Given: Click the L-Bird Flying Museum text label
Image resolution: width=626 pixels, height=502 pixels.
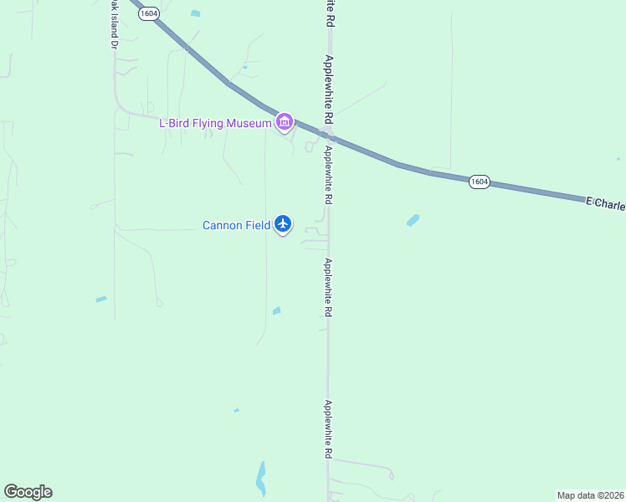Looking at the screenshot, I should point(215,124).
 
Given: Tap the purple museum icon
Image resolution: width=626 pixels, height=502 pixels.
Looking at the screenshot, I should point(285,123).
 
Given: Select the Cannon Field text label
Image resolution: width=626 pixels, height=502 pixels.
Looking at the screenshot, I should point(236,225).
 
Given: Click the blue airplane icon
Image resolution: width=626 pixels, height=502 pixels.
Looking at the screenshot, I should point(283,224).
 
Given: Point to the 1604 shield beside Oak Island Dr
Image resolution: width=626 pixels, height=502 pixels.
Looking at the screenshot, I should point(148,14).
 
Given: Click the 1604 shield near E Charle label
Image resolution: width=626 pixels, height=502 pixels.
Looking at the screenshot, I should point(479,182).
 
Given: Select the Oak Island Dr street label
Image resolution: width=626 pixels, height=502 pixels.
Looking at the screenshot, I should point(113,25).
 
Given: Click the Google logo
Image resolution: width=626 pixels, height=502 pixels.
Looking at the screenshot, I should point(28,492).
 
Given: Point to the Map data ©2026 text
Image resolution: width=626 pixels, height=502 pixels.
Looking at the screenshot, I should point(591,494).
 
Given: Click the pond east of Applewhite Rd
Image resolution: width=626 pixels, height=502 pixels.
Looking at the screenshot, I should point(413,220).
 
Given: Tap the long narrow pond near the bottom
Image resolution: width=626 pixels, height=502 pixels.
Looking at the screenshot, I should point(261,478).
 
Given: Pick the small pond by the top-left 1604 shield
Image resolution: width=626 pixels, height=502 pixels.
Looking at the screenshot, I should point(196,13).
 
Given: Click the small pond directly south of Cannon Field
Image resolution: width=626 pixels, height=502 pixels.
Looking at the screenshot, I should point(276,311).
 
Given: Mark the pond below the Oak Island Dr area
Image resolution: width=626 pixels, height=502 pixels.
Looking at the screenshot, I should point(101,299).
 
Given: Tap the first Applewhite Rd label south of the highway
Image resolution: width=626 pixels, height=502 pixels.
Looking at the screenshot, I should point(329,176).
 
